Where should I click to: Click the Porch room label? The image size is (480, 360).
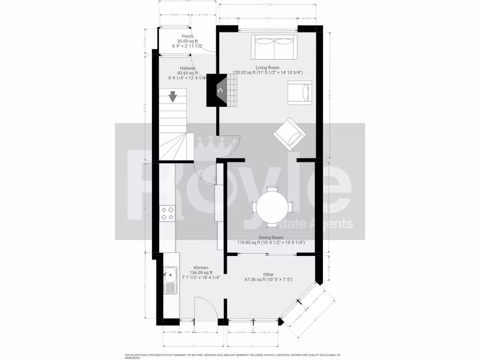click(x=187, y=36)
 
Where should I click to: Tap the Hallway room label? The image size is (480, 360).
click(x=187, y=68)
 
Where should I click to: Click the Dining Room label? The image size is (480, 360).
click(x=271, y=238)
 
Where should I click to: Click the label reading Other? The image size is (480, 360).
click(x=268, y=275)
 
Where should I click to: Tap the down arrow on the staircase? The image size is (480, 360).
click(x=173, y=97)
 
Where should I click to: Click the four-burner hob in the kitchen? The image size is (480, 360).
click(x=168, y=213)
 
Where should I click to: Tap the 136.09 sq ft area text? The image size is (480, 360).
click(x=201, y=273)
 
